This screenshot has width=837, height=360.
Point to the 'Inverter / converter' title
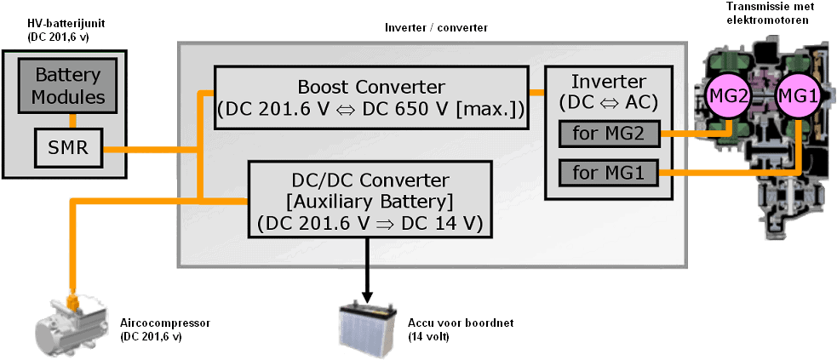click(436, 29)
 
